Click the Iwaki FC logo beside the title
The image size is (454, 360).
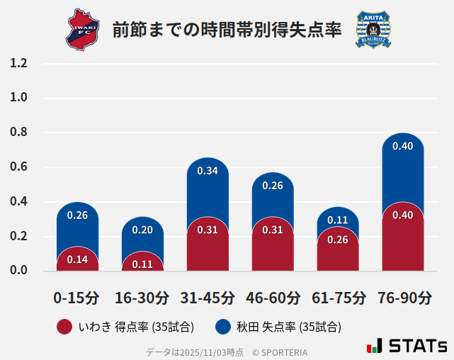tap(84, 29)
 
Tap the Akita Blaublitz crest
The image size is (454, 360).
tap(372, 30)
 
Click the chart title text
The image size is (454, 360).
tap(227, 30)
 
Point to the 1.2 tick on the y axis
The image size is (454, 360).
tap(18, 63)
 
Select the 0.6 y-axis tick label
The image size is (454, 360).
tap(18, 167)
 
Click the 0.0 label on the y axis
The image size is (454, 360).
tap(18, 271)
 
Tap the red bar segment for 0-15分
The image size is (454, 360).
tap(77, 259)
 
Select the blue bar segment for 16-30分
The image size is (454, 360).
tap(142, 232)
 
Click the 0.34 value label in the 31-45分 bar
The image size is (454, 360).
tap(208, 171)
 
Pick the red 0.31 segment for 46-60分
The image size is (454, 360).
tap(273, 244)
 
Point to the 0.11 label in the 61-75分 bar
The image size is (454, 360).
tap(338, 220)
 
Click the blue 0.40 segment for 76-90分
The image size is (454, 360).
tap(402, 167)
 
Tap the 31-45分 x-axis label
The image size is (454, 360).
tap(208, 298)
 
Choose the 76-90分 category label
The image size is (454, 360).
tap(402, 298)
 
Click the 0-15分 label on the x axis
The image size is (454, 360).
tap(77, 298)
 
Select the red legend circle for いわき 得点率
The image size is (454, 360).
tap(64, 327)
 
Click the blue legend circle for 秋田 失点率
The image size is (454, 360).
tap(223, 327)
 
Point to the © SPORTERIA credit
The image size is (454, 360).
tap(280, 351)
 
